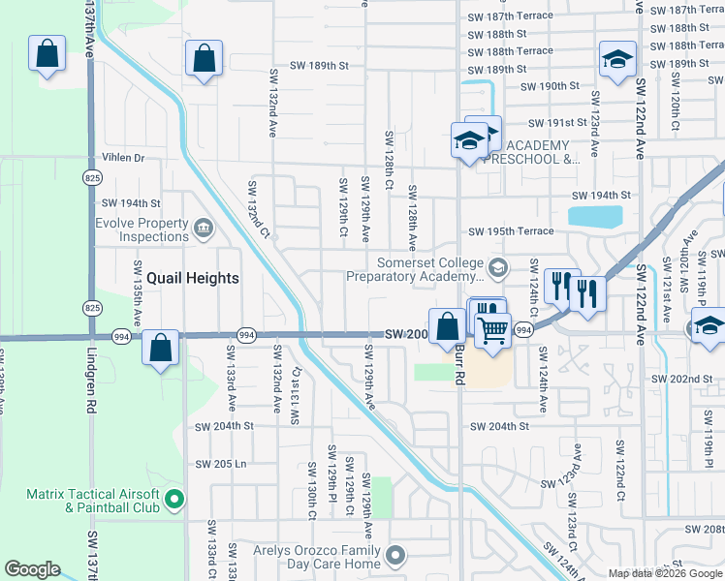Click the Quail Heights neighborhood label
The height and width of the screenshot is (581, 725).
[188, 278]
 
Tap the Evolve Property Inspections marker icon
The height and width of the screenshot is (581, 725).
[204, 229]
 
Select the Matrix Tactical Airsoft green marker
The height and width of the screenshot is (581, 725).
[174, 500]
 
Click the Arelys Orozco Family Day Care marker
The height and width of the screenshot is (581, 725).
[394, 555]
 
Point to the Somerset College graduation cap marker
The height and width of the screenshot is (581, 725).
[498, 267]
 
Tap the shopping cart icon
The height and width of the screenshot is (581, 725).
[493, 331]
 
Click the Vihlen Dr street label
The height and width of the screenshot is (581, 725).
[123, 158]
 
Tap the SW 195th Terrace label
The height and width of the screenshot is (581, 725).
[511, 231]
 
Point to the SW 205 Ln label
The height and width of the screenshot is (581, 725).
[221, 464]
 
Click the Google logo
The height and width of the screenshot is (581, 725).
[32, 569]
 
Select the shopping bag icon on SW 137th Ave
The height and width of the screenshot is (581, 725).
[47, 56]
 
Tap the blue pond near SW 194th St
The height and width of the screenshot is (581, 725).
[594, 217]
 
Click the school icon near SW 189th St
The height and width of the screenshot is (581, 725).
[617, 61]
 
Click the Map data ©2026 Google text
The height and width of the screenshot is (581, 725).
[665, 573]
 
